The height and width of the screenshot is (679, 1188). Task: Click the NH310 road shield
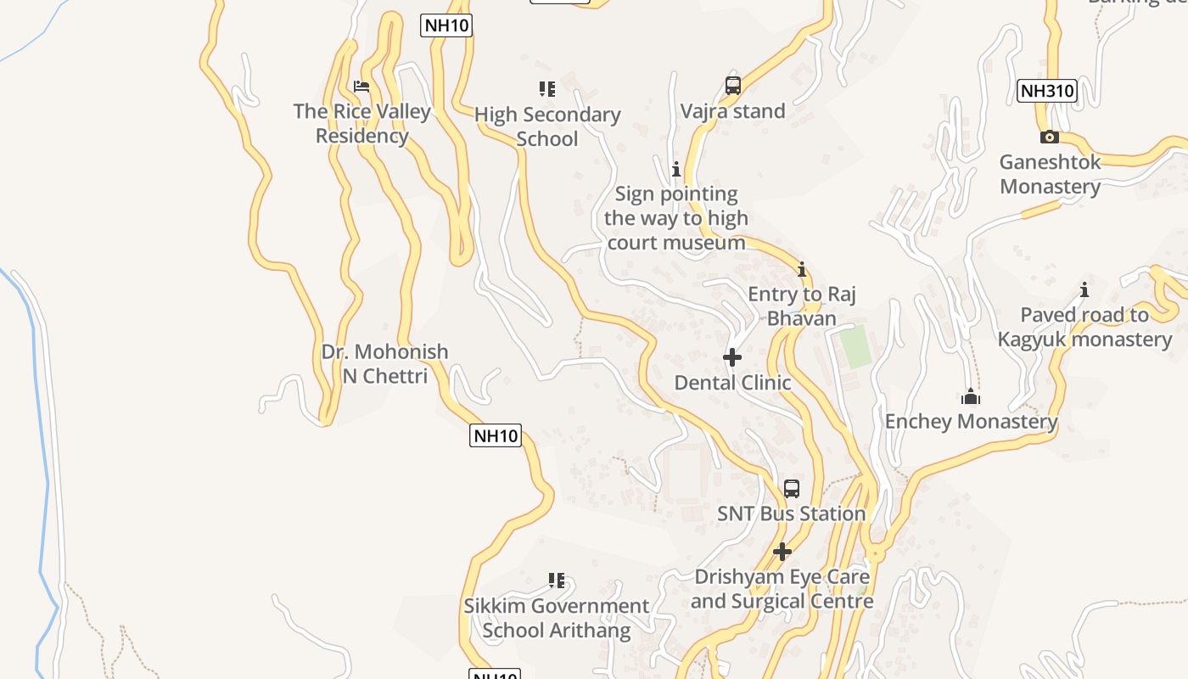(x=1046, y=91)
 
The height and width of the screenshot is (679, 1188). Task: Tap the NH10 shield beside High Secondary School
(x=445, y=25)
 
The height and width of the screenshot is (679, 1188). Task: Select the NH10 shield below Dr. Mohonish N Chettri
(x=495, y=436)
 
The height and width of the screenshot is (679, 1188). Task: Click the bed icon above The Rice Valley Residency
(x=361, y=86)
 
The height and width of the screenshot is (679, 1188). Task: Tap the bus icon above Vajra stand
(x=733, y=85)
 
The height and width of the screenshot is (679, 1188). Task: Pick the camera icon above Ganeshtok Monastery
(x=1049, y=137)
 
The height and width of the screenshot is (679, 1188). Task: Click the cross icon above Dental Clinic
(x=732, y=357)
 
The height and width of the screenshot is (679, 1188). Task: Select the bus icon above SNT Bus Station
(x=791, y=488)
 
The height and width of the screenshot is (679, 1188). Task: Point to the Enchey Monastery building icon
(x=971, y=396)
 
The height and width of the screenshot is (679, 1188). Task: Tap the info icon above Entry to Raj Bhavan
(x=801, y=270)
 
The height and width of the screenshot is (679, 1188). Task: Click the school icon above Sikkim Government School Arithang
(x=556, y=581)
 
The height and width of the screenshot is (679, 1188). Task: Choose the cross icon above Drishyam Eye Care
(x=782, y=552)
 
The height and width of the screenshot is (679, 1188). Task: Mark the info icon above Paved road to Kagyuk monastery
(x=1084, y=290)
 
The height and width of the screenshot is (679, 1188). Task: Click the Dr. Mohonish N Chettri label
(x=384, y=363)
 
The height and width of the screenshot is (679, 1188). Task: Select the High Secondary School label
(x=547, y=126)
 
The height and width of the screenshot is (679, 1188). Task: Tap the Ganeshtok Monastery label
(x=1050, y=174)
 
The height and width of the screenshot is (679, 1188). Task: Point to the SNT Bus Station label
(x=791, y=513)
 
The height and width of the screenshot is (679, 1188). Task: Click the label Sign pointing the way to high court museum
(x=676, y=218)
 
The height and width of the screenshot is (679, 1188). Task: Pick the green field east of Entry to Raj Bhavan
(x=855, y=345)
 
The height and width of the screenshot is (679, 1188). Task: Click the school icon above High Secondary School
(x=547, y=88)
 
